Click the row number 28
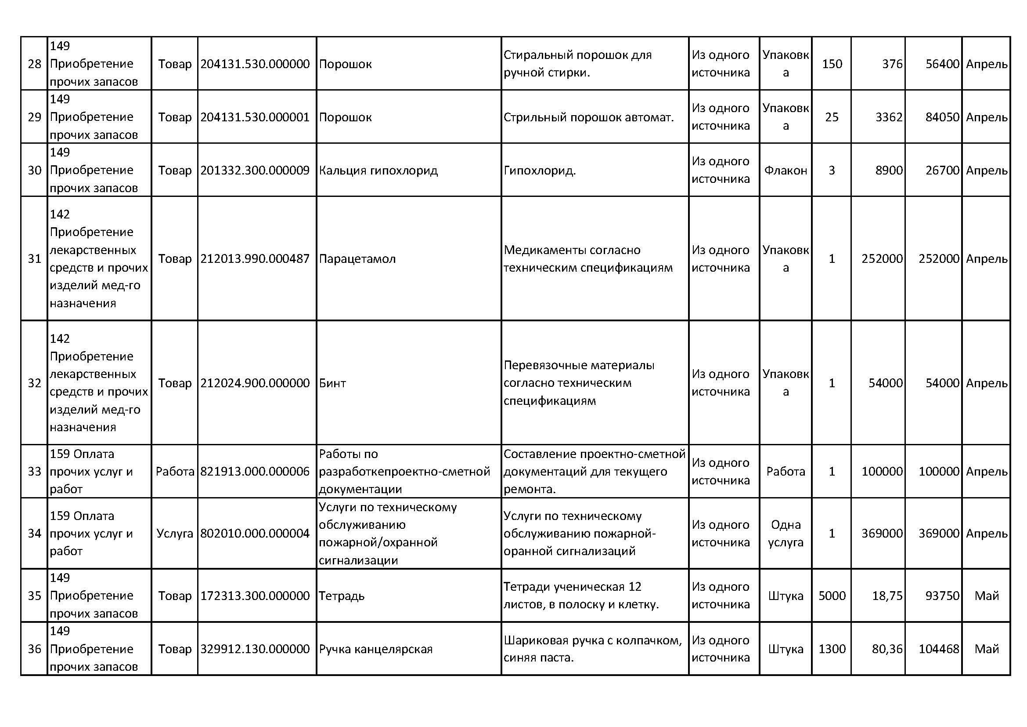point(34,64)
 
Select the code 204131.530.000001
point(255,117)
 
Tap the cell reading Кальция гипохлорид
point(378,171)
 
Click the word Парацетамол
point(357,259)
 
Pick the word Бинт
point(332,383)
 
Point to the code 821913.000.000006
point(255,471)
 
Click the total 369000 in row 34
point(939,533)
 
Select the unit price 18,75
point(887,596)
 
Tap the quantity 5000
point(832,596)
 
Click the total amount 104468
point(939,649)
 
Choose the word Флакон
point(786,171)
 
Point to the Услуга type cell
point(174,533)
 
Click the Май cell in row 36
point(986,649)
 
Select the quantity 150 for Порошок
point(832,64)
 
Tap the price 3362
point(889,117)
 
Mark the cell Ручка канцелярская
point(376,649)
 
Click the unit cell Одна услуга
point(786,533)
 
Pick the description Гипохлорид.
point(540,171)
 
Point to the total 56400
point(942,64)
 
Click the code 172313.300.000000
point(255,596)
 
